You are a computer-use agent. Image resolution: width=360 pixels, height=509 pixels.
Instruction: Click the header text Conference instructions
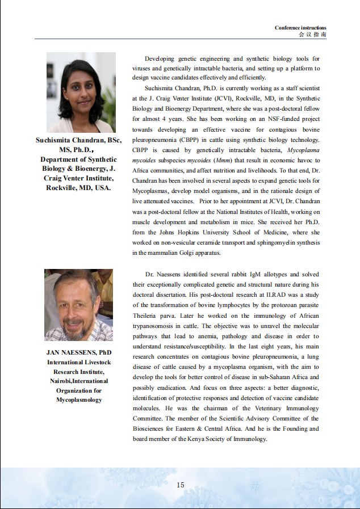click(x=300, y=28)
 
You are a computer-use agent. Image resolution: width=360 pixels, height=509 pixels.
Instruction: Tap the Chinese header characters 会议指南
click(x=313, y=34)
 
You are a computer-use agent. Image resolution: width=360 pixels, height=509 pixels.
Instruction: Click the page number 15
click(x=181, y=484)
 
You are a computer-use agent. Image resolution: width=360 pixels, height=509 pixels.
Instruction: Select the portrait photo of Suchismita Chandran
click(x=81, y=92)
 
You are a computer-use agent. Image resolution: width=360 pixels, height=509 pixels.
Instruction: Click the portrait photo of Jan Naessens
click(x=79, y=305)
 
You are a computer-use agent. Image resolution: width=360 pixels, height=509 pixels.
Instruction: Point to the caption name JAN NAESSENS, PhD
click(x=79, y=352)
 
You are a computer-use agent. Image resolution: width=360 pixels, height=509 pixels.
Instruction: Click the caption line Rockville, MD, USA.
click(x=79, y=187)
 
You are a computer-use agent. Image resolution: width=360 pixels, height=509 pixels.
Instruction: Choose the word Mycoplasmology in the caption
click(x=79, y=399)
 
